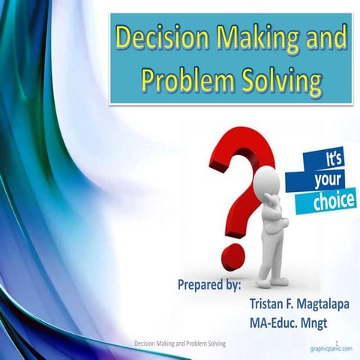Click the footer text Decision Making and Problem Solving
tap(180, 343)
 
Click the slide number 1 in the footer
tap(338, 343)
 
